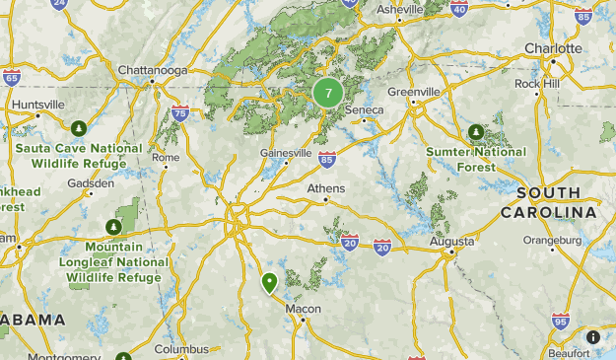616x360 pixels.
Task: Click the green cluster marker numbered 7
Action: point(328,94)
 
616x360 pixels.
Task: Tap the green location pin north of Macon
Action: point(269,284)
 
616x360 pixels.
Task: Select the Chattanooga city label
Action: point(151,70)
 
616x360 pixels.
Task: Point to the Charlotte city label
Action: point(553,47)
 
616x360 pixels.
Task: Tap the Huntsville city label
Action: point(37,104)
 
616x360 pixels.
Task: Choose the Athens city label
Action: point(326,188)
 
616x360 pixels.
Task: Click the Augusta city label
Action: point(452,241)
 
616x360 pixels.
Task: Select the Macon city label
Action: point(303,309)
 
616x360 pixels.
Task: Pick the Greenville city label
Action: point(412,92)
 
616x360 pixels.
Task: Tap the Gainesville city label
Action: point(286,153)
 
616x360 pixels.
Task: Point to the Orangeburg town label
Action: point(553,239)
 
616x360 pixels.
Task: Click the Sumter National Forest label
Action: point(476,159)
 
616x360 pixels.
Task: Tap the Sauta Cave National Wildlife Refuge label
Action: point(79,155)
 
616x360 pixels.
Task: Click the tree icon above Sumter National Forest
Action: point(476,131)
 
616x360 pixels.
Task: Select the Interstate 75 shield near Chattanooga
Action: point(179,113)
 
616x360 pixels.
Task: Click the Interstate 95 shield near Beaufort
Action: point(560,320)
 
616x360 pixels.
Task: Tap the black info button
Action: point(593,337)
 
